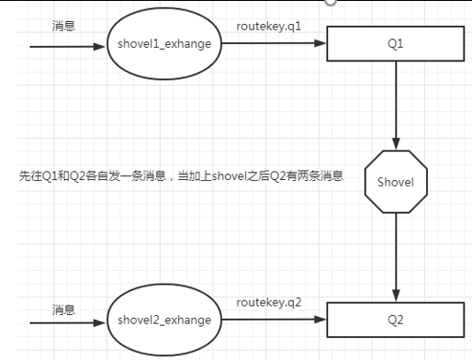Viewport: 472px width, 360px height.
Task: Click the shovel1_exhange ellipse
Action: (164, 44)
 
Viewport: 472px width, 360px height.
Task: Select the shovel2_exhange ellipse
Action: (164, 321)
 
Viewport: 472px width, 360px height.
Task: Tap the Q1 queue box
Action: (395, 44)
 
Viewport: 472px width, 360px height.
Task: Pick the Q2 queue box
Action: (395, 321)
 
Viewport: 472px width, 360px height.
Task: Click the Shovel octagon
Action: (395, 182)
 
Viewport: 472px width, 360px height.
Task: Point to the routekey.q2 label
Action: (268, 302)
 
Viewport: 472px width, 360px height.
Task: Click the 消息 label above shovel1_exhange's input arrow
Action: (64, 27)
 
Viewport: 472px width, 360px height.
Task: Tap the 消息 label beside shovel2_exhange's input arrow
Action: (63, 309)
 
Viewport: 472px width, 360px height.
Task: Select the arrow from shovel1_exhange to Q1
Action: (275, 44)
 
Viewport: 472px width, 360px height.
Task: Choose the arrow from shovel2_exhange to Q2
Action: (275, 321)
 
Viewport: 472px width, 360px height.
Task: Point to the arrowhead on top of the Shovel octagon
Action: (395, 144)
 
